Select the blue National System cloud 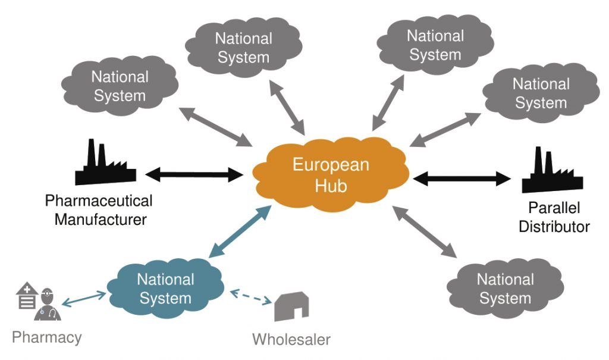tap(165, 288)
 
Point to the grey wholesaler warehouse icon tap(291, 307)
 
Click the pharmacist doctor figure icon tap(47, 306)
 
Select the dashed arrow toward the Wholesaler tap(251, 296)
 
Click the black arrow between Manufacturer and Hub tap(194, 175)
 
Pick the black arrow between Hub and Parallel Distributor tap(462, 177)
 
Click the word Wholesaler tap(291, 340)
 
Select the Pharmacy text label tap(47, 338)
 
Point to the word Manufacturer tap(101, 219)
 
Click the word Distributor tap(554, 226)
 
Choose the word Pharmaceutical tap(99, 201)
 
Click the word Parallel tap(554, 208)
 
